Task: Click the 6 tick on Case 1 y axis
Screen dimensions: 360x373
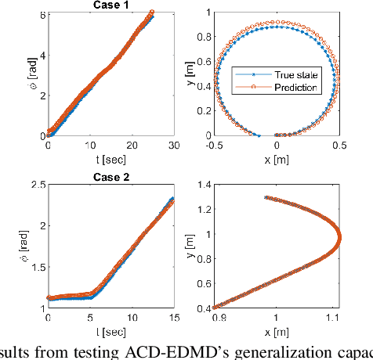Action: point(38,13)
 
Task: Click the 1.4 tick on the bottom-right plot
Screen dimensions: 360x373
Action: point(201,185)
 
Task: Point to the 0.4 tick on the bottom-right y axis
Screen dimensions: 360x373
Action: point(201,307)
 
